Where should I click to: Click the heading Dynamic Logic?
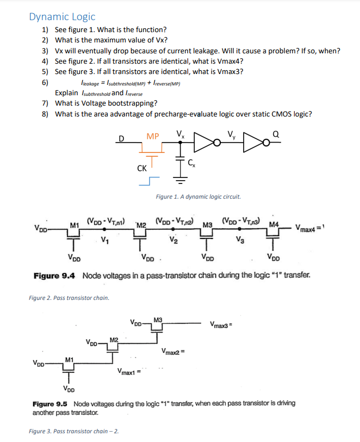coord(62,17)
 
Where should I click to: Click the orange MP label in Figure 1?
coord(153,136)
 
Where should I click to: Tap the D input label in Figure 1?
coord(122,138)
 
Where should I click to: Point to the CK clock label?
coord(141,168)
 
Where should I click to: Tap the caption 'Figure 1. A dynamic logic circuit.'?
coord(198,197)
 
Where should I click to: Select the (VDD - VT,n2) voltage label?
coord(175,222)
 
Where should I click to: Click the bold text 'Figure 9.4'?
coord(54,276)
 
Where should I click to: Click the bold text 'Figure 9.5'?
coord(50,403)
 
